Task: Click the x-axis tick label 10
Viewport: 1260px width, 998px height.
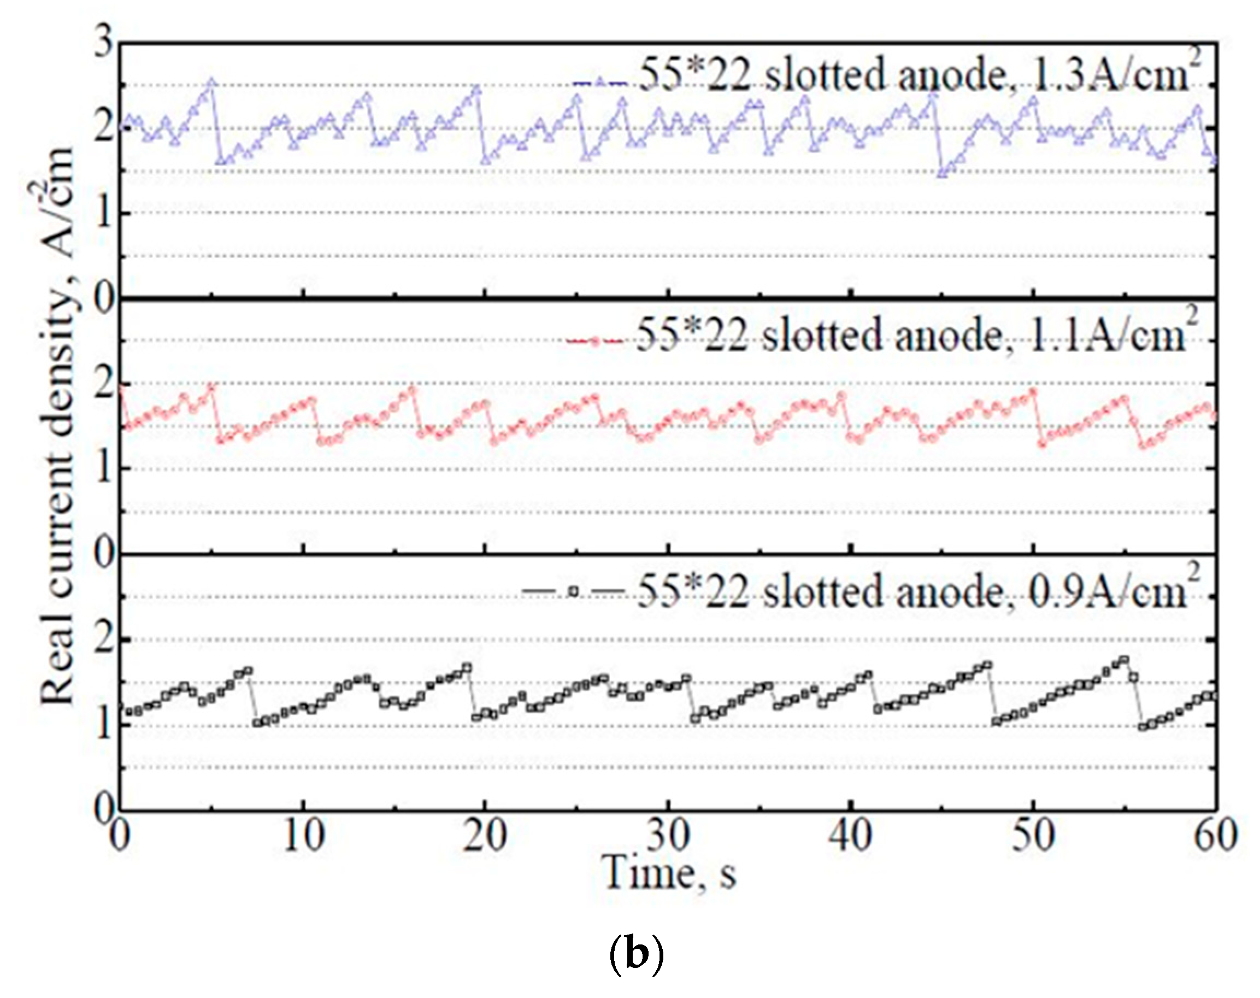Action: pos(303,837)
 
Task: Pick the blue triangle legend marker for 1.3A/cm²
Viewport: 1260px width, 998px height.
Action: pos(600,83)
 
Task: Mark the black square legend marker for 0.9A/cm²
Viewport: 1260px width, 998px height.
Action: pos(575,591)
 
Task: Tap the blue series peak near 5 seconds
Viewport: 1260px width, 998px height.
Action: pos(211,83)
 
